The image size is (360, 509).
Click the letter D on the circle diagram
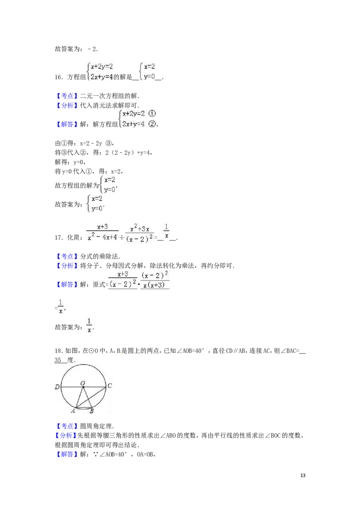[57, 387]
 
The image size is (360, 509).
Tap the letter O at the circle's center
[83, 383]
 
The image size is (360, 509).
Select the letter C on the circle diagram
[109, 385]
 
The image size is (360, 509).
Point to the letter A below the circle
[73, 411]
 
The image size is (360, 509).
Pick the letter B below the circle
[92, 411]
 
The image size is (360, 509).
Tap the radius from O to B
[87, 397]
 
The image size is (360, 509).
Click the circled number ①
[152, 114]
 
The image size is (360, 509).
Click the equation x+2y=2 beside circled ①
[133, 114]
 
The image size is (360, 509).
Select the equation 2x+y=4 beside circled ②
[133, 124]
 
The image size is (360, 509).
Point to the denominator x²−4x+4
[102, 237]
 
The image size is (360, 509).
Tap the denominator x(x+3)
[155, 285]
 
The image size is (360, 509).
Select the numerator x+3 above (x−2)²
[123, 274]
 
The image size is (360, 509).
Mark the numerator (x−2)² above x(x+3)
[155, 275]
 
